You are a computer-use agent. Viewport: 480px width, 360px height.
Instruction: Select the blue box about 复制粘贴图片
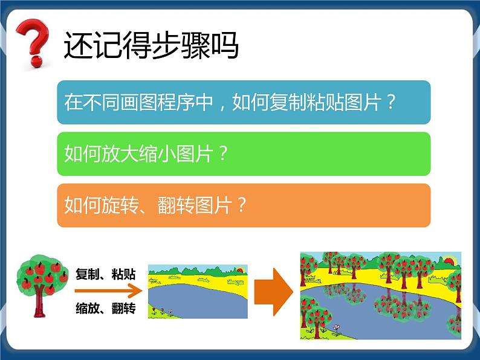click(x=244, y=103)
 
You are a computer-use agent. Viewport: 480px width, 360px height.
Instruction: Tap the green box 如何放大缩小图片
click(x=244, y=154)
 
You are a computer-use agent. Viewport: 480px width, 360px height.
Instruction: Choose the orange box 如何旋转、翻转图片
click(x=244, y=205)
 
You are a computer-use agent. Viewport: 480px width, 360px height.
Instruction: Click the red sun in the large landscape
click(x=450, y=261)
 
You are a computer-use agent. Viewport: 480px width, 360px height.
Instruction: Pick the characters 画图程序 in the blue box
click(x=154, y=103)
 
